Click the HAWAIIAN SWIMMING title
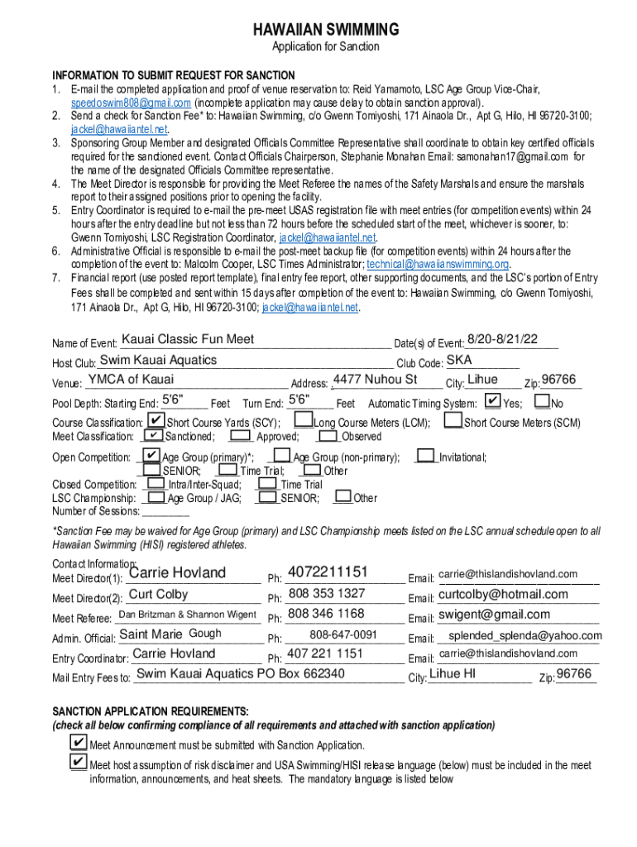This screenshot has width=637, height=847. [325, 30]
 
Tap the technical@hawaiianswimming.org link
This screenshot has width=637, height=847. [438, 264]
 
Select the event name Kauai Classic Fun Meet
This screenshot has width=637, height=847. [188, 340]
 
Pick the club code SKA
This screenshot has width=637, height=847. [459, 360]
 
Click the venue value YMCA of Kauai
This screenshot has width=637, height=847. [132, 380]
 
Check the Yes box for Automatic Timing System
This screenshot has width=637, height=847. [492, 401]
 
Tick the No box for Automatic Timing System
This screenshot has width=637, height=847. [542, 402]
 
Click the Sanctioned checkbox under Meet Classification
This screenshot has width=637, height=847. [153, 436]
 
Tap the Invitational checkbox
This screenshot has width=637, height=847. [426, 456]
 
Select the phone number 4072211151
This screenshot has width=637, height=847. [328, 572]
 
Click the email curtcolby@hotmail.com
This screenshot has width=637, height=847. [503, 594]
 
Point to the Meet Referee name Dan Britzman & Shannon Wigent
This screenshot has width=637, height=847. [188, 615]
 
